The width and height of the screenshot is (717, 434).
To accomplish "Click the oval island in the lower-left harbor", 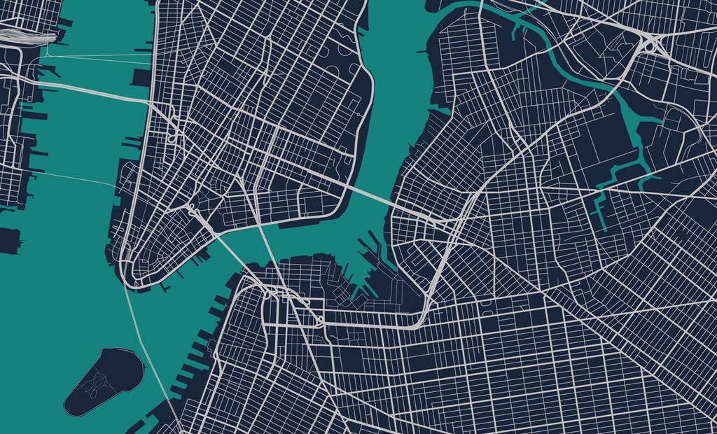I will click(104, 381).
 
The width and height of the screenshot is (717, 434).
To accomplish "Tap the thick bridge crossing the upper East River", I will click(368, 194).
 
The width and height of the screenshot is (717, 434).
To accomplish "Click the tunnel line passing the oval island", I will click(144, 343).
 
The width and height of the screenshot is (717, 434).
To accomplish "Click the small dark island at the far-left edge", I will click(9, 239).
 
